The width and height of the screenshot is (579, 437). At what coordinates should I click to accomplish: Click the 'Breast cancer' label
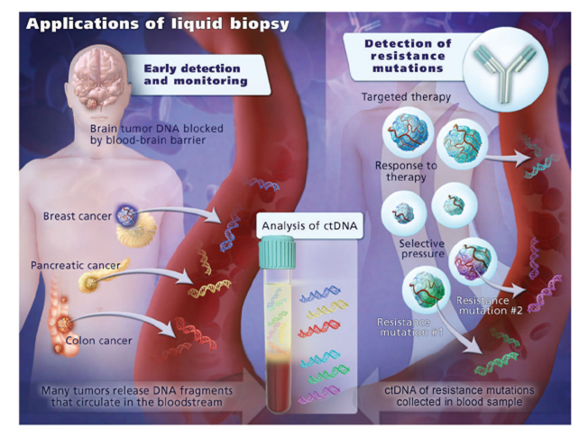(77, 216)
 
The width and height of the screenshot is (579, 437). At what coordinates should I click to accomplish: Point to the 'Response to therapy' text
(406, 172)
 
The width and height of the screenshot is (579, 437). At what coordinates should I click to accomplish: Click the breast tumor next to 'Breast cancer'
(126, 214)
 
